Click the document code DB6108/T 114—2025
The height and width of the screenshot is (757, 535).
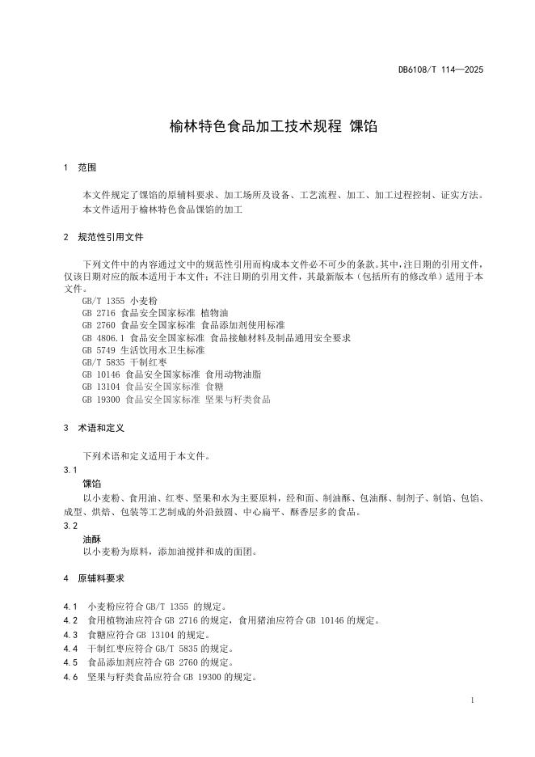coord(440,70)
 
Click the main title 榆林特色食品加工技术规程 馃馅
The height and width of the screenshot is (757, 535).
coord(267,126)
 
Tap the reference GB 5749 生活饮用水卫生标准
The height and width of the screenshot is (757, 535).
coord(144,350)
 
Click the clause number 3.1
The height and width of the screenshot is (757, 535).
coord(70,470)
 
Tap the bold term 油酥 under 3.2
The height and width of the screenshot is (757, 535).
coord(92,539)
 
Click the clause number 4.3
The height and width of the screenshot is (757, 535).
coord(70,635)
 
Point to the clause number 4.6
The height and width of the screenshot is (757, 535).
coord(70,677)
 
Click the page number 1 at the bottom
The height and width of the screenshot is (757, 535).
coord(471,700)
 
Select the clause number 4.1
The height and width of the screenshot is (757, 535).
coord(70,606)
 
